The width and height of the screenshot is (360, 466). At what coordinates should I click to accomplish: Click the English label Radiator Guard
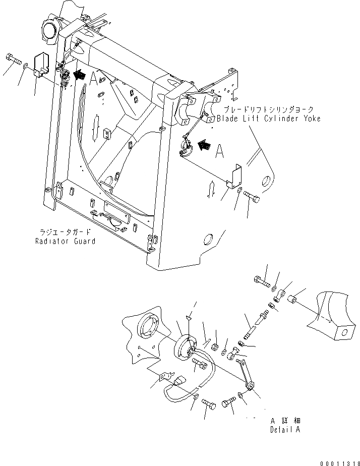[65, 241]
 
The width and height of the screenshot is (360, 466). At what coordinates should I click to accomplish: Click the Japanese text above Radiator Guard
[66, 232]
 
